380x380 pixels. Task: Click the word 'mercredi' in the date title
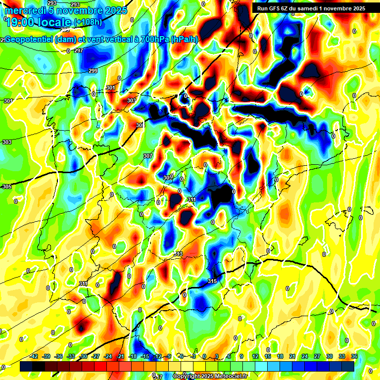(x=24, y=10)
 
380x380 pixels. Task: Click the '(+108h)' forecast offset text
(x=88, y=22)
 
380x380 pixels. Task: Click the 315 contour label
(x=212, y=281)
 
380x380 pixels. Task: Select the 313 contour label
(x=178, y=254)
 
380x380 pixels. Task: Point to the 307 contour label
(x=147, y=156)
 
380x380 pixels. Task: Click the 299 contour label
(x=93, y=71)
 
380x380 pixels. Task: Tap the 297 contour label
(x=78, y=50)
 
